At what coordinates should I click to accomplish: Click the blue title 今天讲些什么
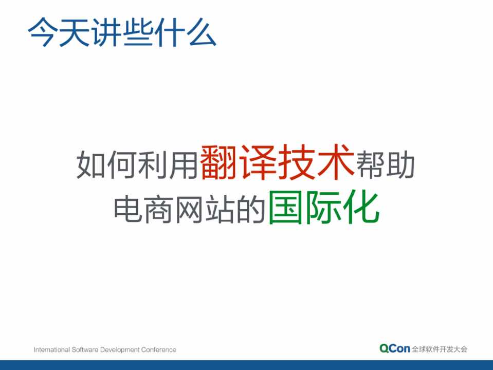[122, 32]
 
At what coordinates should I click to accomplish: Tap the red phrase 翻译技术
[277, 162]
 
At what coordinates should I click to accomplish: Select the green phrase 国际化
[324, 207]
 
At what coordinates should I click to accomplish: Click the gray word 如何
[106, 164]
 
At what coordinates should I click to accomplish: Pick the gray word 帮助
[385, 164]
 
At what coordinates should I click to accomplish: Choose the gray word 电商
[143, 209]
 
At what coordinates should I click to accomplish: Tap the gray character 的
[251, 209]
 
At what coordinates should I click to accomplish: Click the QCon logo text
[395, 348]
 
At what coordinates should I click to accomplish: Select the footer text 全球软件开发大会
[440, 349]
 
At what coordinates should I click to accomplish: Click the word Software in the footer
[85, 350]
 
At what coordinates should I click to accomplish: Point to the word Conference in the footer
[158, 350]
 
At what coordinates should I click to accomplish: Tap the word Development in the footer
[120, 350]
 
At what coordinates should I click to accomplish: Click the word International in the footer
[52, 350]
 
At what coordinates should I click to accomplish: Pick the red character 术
[336, 162]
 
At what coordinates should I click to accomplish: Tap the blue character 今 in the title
[43, 32]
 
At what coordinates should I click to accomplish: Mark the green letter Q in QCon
[384, 348]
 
